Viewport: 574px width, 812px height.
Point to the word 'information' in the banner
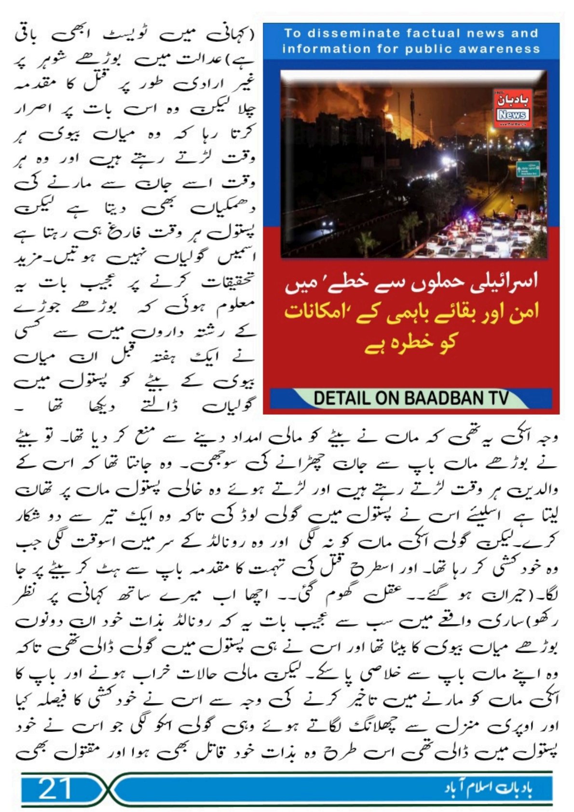coord(317,49)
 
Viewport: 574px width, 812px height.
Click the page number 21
coord(55,788)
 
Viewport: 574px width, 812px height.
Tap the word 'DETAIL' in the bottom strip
coord(342,398)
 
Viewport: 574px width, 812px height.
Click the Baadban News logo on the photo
coord(511,108)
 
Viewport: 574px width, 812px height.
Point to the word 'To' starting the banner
coord(292,33)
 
